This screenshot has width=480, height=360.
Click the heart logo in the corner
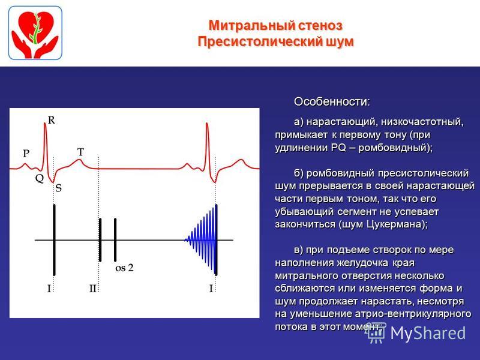click(35, 33)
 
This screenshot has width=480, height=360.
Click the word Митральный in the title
click(251, 25)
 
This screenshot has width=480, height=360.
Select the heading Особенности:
click(332, 101)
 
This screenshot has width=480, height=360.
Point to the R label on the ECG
click(52, 121)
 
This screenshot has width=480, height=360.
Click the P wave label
click(26, 154)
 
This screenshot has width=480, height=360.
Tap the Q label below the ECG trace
click(40, 178)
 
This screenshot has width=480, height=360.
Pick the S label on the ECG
click(58, 188)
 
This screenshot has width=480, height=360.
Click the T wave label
click(80, 152)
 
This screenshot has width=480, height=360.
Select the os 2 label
click(124, 268)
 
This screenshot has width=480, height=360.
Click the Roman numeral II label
click(93, 289)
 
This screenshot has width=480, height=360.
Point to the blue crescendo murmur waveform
click(200, 240)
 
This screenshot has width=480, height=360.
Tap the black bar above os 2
click(115, 240)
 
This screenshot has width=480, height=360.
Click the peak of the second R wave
click(207, 124)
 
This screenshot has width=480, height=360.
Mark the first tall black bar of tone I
click(54, 240)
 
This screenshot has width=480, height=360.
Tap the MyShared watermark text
click(428, 333)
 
